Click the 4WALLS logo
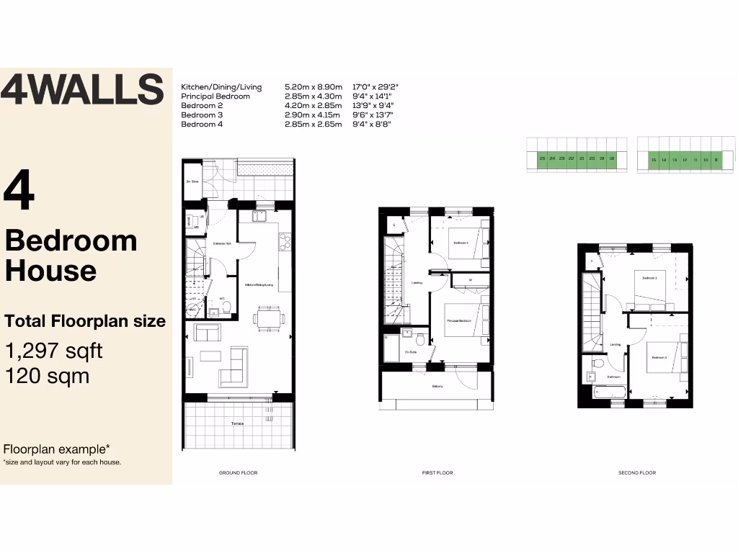tap(81, 90)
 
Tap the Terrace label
tap(238, 423)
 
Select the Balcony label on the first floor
tap(437, 387)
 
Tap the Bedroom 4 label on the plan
tap(461, 243)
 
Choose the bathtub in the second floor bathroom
tap(608, 392)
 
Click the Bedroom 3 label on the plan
tap(659, 357)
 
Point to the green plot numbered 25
tap(541, 158)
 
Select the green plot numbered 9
tap(716, 159)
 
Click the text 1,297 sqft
tap(54, 351)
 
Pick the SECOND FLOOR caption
tap(637, 473)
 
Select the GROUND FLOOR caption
tap(238, 473)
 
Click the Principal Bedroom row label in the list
tap(215, 96)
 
